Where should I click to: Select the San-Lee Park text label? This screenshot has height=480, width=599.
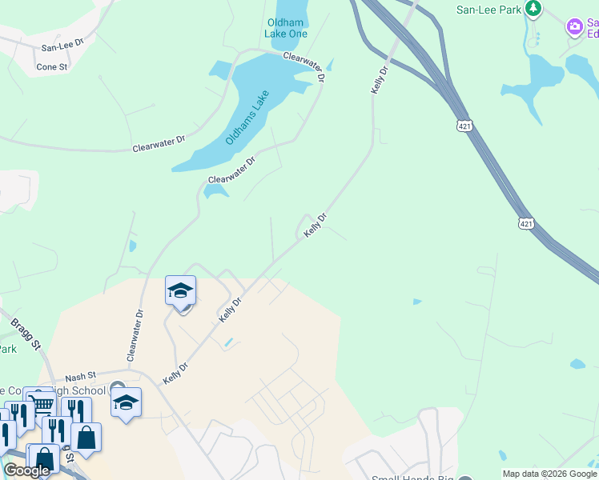(488, 9)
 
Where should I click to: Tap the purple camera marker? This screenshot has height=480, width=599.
(575, 27)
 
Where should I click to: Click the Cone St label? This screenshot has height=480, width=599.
(52, 67)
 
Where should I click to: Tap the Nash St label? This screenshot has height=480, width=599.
(80, 375)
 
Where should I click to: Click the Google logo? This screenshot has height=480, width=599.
(27, 470)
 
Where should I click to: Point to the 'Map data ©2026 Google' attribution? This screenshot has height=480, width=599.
(549, 474)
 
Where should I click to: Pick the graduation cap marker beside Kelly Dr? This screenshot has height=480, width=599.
(181, 291)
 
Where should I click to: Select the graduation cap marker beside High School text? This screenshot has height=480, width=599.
(126, 402)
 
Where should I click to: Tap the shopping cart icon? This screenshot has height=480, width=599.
(42, 402)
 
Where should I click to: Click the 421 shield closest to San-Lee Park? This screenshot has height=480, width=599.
(465, 126)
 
